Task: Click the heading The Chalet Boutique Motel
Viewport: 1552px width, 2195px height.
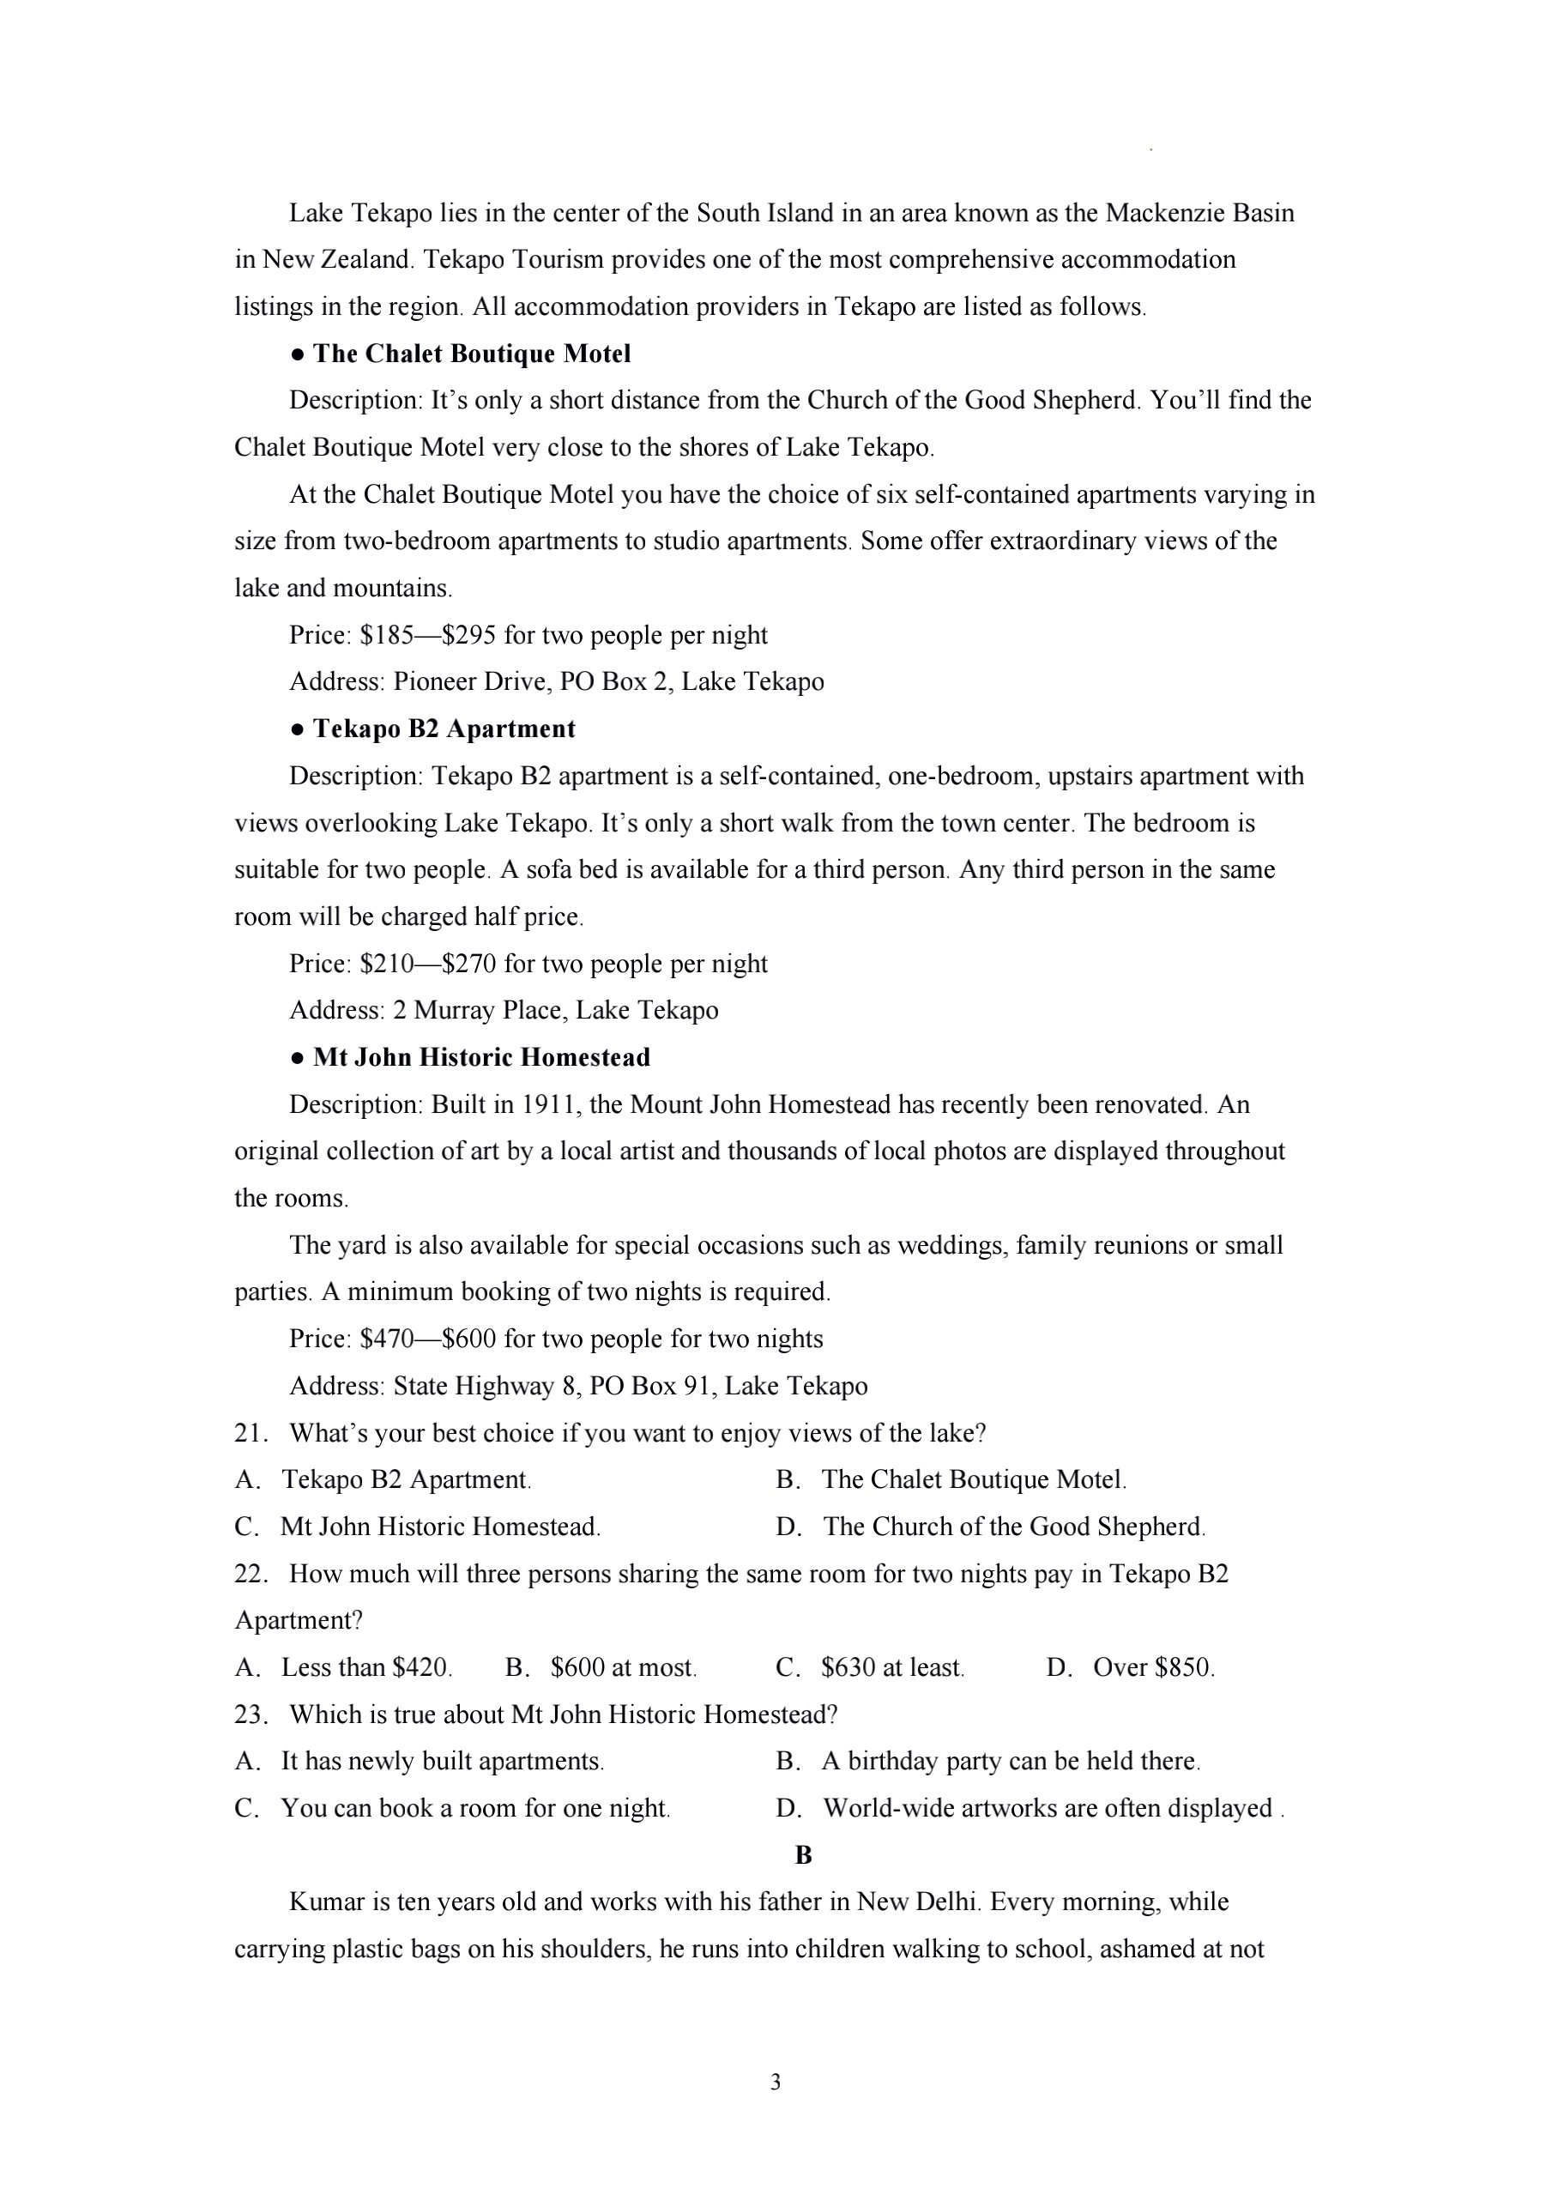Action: [471, 354]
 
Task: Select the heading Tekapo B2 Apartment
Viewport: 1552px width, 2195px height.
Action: [444, 729]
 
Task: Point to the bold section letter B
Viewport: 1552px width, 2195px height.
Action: [803, 1854]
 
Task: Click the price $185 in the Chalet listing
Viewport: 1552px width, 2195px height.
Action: [386, 635]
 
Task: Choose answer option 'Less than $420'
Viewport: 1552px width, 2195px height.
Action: [365, 1667]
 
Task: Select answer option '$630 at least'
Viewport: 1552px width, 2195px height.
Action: [891, 1667]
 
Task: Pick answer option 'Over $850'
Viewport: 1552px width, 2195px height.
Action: [1152, 1667]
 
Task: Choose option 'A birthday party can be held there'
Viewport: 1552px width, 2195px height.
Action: [1010, 1761]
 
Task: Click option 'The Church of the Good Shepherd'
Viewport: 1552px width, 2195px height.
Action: [1013, 1527]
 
